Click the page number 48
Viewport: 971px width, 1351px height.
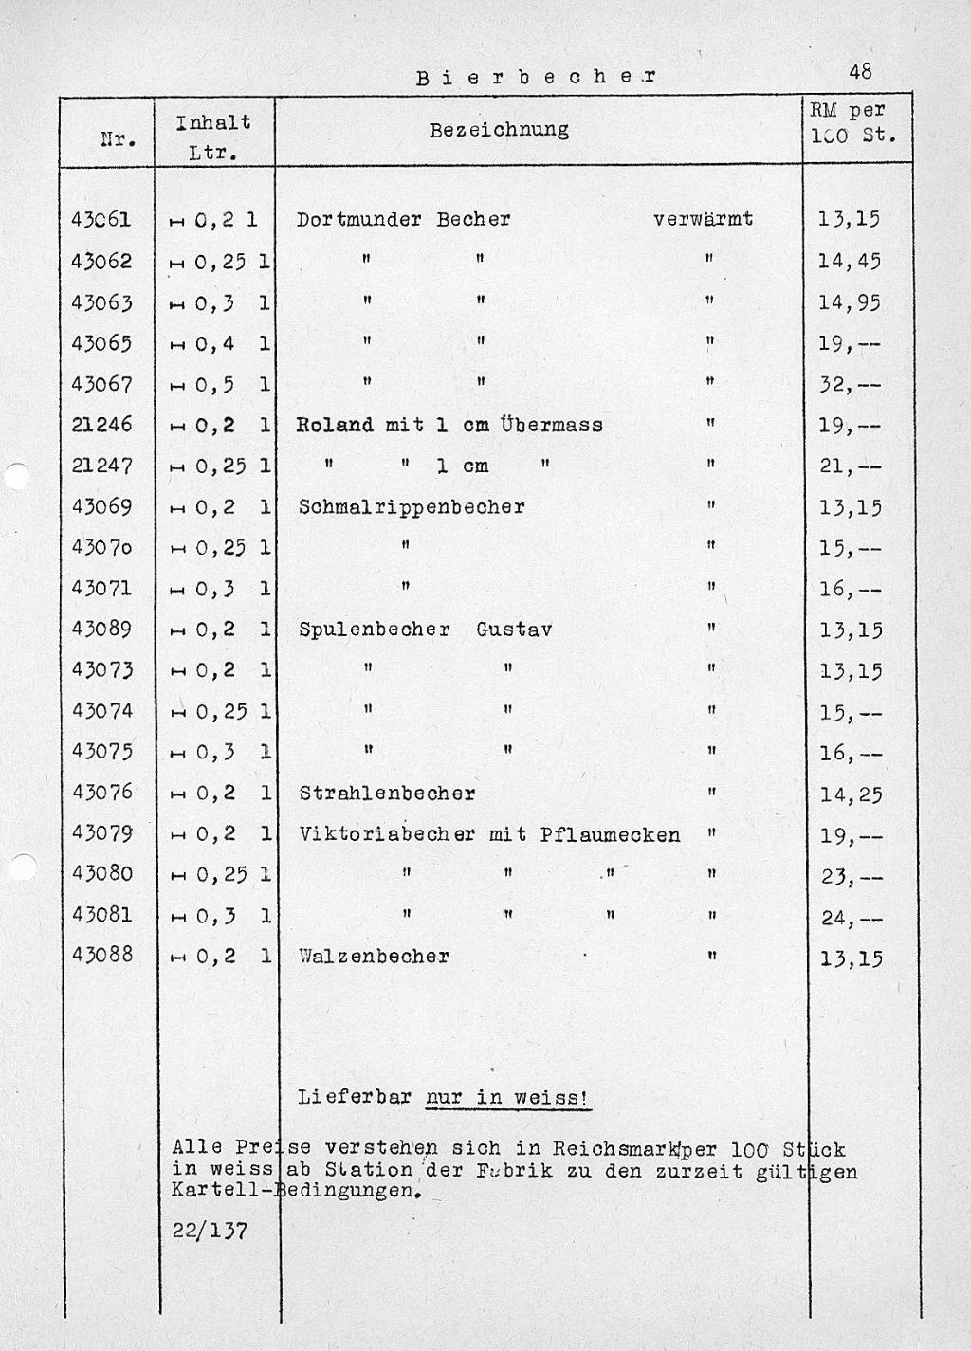(861, 71)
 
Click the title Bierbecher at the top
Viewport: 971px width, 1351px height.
(536, 77)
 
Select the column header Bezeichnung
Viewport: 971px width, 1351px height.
(499, 130)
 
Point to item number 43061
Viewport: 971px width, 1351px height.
(101, 220)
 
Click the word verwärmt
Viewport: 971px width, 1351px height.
(703, 219)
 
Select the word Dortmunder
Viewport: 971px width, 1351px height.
(359, 220)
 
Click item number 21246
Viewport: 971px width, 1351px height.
(101, 425)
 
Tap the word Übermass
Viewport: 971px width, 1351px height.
(552, 425)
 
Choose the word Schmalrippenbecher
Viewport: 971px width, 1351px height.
(412, 507)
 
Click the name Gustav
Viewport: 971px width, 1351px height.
(514, 630)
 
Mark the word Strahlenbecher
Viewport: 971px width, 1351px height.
(387, 794)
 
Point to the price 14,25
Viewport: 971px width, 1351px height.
(851, 794)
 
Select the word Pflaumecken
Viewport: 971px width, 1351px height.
(610, 835)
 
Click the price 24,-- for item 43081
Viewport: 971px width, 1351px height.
(851, 918)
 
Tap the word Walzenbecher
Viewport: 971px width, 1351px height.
(374, 957)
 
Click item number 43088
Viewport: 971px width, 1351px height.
(101, 956)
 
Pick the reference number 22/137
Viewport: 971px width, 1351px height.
(210, 1231)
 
